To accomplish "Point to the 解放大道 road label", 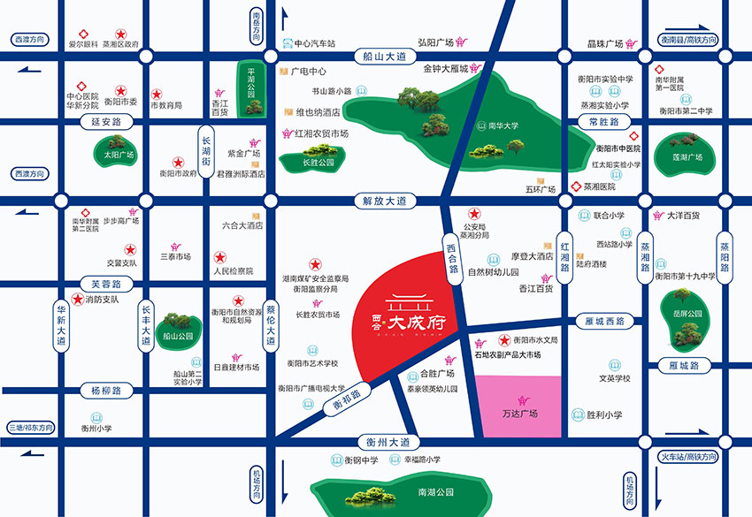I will point(382,201).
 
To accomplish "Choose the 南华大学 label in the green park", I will point(503,125).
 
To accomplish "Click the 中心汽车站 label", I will point(315,42).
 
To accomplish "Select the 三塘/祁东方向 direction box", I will point(29,427).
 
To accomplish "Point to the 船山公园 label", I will point(177,336).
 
